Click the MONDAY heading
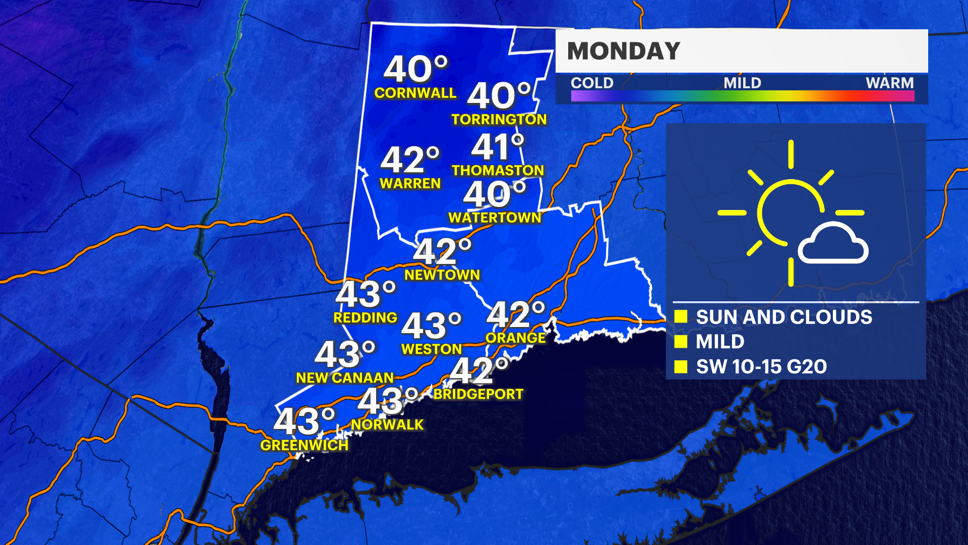point(624,51)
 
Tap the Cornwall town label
point(415,93)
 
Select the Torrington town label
point(499,119)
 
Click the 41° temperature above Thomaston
point(498,147)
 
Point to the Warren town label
point(410,183)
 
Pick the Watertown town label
point(495,217)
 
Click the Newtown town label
point(442,275)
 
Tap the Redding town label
point(365,317)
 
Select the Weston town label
point(431,349)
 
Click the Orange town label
point(515,338)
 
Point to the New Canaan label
point(344,377)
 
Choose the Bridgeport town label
point(478,394)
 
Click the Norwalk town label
point(387,424)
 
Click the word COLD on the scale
point(592,83)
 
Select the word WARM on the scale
point(889,83)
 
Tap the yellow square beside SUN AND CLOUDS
point(681,316)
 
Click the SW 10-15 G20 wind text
point(761,366)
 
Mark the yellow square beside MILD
point(681,342)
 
